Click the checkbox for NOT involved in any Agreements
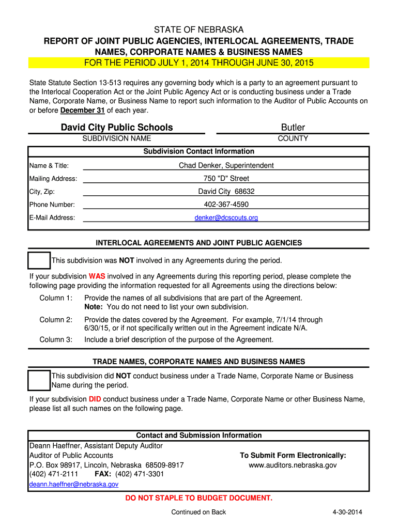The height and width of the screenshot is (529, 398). (x=39, y=260)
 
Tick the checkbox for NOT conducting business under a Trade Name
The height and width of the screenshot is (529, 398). (x=39, y=380)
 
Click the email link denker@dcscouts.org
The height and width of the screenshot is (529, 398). (x=226, y=217)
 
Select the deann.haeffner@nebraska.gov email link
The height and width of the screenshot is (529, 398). (x=74, y=484)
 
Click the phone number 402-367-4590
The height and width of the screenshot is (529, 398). (x=226, y=205)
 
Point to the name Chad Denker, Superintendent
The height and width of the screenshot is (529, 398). (x=226, y=165)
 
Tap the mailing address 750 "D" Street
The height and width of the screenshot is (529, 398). (x=226, y=178)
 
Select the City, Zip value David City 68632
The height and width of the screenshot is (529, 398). (x=226, y=191)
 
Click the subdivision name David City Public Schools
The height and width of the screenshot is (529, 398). (x=117, y=128)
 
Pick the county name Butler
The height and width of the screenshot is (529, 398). (x=293, y=128)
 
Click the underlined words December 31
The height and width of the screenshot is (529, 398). (x=82, y=111)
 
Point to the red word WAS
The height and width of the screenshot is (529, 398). (x=97, y=276)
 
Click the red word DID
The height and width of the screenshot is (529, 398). (x=95, y=399)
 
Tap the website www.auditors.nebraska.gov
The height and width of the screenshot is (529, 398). (x=293, y=465)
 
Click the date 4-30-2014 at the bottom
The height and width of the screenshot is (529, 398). (x=347, y=512)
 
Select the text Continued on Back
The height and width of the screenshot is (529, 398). (x=198, y=512)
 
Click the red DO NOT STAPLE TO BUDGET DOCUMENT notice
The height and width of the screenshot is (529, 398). (x=199, y=498)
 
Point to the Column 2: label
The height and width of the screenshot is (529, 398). (x=56, y=320)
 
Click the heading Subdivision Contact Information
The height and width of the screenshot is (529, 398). (x=198, y=151)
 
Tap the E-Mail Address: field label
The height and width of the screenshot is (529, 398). (x=52, y=217)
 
